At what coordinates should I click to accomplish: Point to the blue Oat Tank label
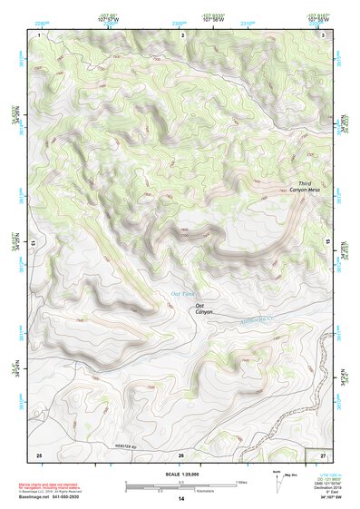(183, 293)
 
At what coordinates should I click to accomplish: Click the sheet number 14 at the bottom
(180, 499)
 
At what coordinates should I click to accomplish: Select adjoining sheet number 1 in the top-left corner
(40, 34)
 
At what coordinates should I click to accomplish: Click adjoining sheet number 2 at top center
(183, 34)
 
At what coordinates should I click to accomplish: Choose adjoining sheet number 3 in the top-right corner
(324, 34)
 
